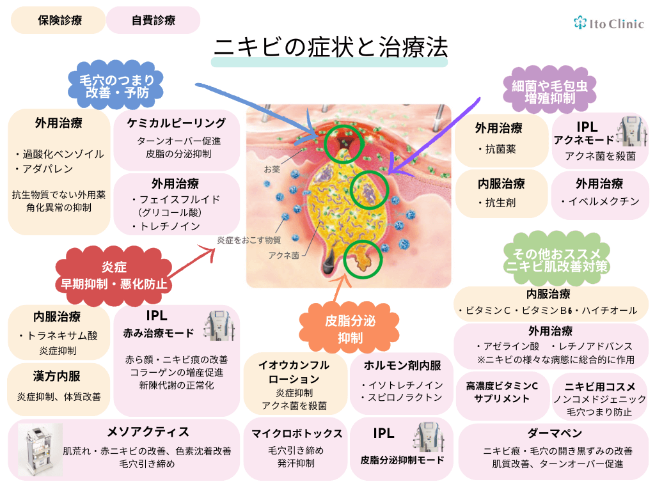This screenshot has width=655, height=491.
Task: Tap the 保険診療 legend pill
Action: click(x=56, y=20)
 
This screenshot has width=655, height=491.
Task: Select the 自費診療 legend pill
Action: click(x=154, y=20)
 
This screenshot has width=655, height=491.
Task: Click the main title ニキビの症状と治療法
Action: click(x=330, y=47)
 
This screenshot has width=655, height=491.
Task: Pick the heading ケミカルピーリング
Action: click(x=177, y=123)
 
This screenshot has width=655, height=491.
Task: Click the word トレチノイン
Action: click(x=170, y=226)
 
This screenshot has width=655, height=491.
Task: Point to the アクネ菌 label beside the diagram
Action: click(x=283, y=254)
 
